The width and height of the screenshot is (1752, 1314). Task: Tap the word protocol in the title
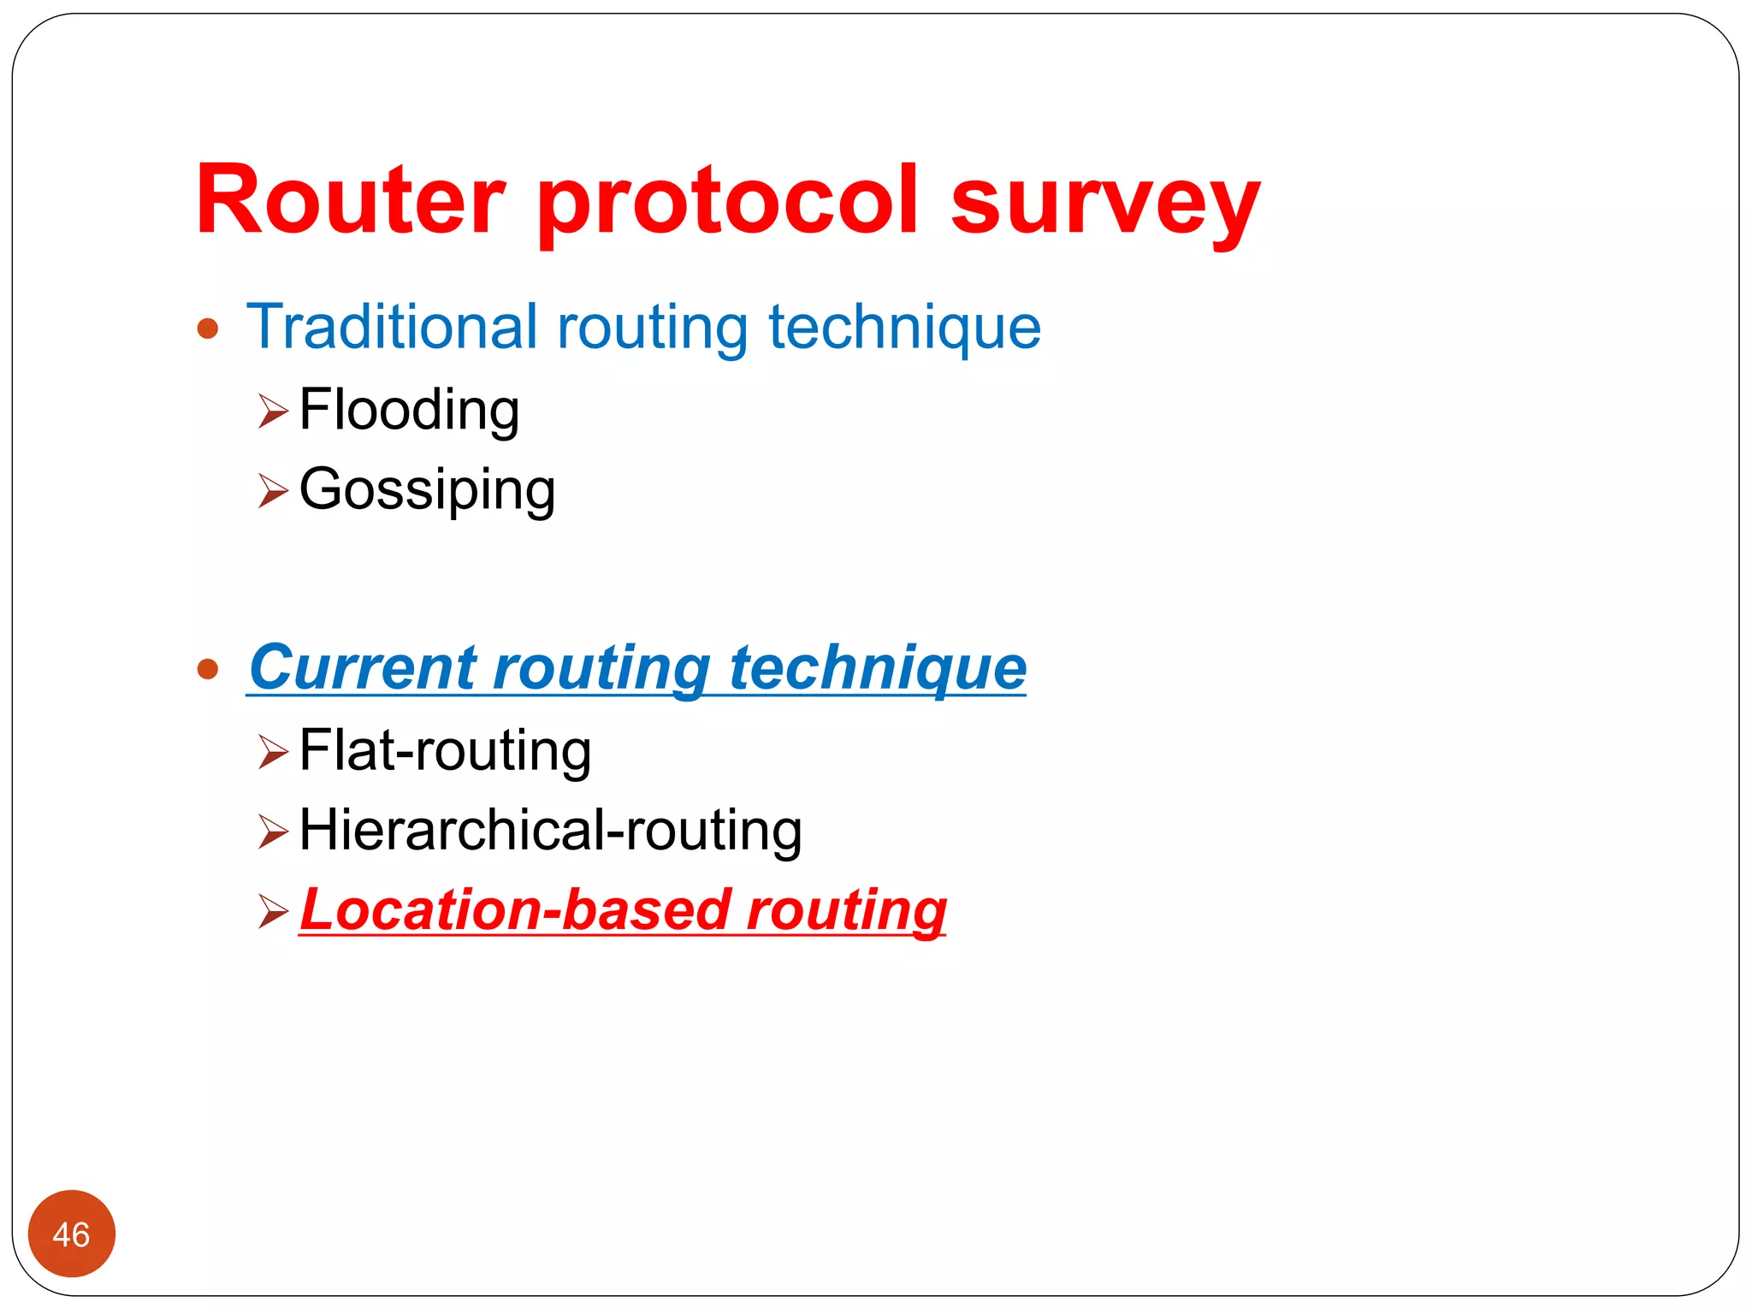[728, 202]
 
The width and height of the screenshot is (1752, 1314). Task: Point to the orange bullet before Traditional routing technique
[208, 328]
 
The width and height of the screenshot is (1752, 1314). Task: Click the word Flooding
[409, 411]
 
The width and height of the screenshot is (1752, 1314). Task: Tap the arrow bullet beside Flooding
[273, 411]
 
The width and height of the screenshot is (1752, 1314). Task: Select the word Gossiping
[427, 490]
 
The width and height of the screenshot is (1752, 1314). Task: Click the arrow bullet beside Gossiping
[273, 491]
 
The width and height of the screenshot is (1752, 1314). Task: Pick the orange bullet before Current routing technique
[208, 668]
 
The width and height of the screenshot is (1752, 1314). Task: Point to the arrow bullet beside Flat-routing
[273, 752]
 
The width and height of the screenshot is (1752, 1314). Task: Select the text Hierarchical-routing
[550, 831]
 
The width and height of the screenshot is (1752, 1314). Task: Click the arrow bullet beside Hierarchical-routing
[273, 832]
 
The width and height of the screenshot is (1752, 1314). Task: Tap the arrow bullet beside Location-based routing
[273, 911]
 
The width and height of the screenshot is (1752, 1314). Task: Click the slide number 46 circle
[71, 1234]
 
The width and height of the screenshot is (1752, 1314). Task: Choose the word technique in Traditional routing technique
[904, 328]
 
